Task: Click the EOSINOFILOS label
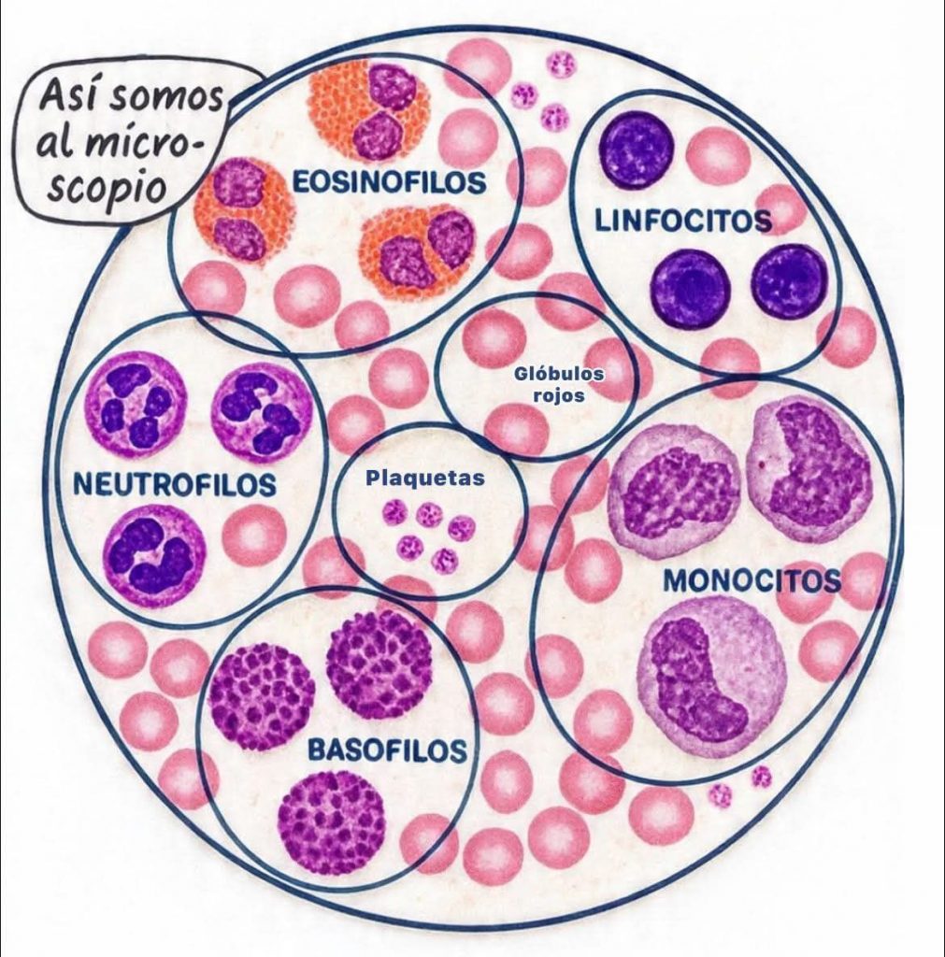[x=390, y=181]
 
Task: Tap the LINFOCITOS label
[x=683, y=221]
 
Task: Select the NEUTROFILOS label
[x=175, y=484]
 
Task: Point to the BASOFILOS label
[x=387, y=750]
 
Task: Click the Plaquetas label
[x=425, y=478]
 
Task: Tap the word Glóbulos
[x=559, y=374]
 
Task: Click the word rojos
[x=559, y=395]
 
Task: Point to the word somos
[x=165, y=99]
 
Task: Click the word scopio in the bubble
[x=107, y=186]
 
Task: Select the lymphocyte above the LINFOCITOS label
[x=637, y=150]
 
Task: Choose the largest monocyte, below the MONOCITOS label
[x=712, y=678]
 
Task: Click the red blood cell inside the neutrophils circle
[x=254, y=535]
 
